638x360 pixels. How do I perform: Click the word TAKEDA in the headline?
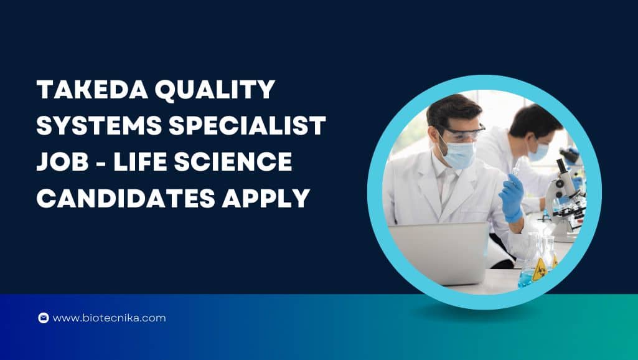tap(92, 89)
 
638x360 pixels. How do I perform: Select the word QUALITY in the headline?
tap(215, 90)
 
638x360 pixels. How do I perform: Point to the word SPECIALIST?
tap(247, 125)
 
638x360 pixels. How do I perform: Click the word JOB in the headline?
tap(63, 161)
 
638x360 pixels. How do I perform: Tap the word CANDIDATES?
tap(126, 198)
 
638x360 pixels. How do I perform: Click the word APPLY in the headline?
tap(266, 198)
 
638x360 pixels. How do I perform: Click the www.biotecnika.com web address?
tap(109, 318)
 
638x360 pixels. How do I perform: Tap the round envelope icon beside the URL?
tap(44, 318)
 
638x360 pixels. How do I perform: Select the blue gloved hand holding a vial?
tap(512, 197)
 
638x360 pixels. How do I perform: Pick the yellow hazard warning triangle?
tap(539, 270)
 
